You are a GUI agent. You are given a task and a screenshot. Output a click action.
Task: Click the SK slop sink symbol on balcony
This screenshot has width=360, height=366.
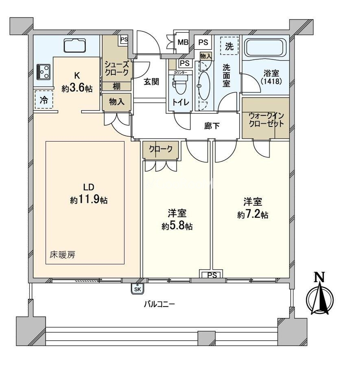click(138, 289)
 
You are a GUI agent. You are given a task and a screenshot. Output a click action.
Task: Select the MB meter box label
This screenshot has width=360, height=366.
click(183, 42)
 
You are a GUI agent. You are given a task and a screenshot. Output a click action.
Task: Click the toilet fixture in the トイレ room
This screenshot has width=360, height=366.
click(179, 85)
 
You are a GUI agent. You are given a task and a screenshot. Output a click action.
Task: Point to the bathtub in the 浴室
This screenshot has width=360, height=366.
click(266, 48)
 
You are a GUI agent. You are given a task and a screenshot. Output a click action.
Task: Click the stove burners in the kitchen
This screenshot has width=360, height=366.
click(43, 72)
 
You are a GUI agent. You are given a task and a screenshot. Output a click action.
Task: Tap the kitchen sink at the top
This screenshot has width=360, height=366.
click(74, 45)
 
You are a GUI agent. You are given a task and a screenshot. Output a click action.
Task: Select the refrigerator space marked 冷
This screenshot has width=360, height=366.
click(44, 100)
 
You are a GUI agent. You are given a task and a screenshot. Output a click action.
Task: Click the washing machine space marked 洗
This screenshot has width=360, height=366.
click(229, 46)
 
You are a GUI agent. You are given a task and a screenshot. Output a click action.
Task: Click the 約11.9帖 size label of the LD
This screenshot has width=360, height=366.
click(89, 200)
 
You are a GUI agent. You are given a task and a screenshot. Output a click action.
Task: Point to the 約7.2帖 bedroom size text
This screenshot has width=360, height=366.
click(253, 214)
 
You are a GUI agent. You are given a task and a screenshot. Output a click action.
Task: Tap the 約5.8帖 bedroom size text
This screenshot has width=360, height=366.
click(177, 226)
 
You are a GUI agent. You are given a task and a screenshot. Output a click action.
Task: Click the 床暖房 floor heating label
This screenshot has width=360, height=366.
click(62, 255)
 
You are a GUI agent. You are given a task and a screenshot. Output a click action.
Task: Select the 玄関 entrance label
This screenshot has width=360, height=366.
click(151, 82)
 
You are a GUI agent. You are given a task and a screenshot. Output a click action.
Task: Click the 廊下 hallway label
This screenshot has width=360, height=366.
click(212, 126)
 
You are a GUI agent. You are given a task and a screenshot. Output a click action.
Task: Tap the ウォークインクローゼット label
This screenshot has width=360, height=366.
click(266, 119)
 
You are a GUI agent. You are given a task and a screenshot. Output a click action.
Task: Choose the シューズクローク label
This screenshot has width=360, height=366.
click(117, 68)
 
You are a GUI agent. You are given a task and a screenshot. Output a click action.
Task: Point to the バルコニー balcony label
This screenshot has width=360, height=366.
click(159, 304)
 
